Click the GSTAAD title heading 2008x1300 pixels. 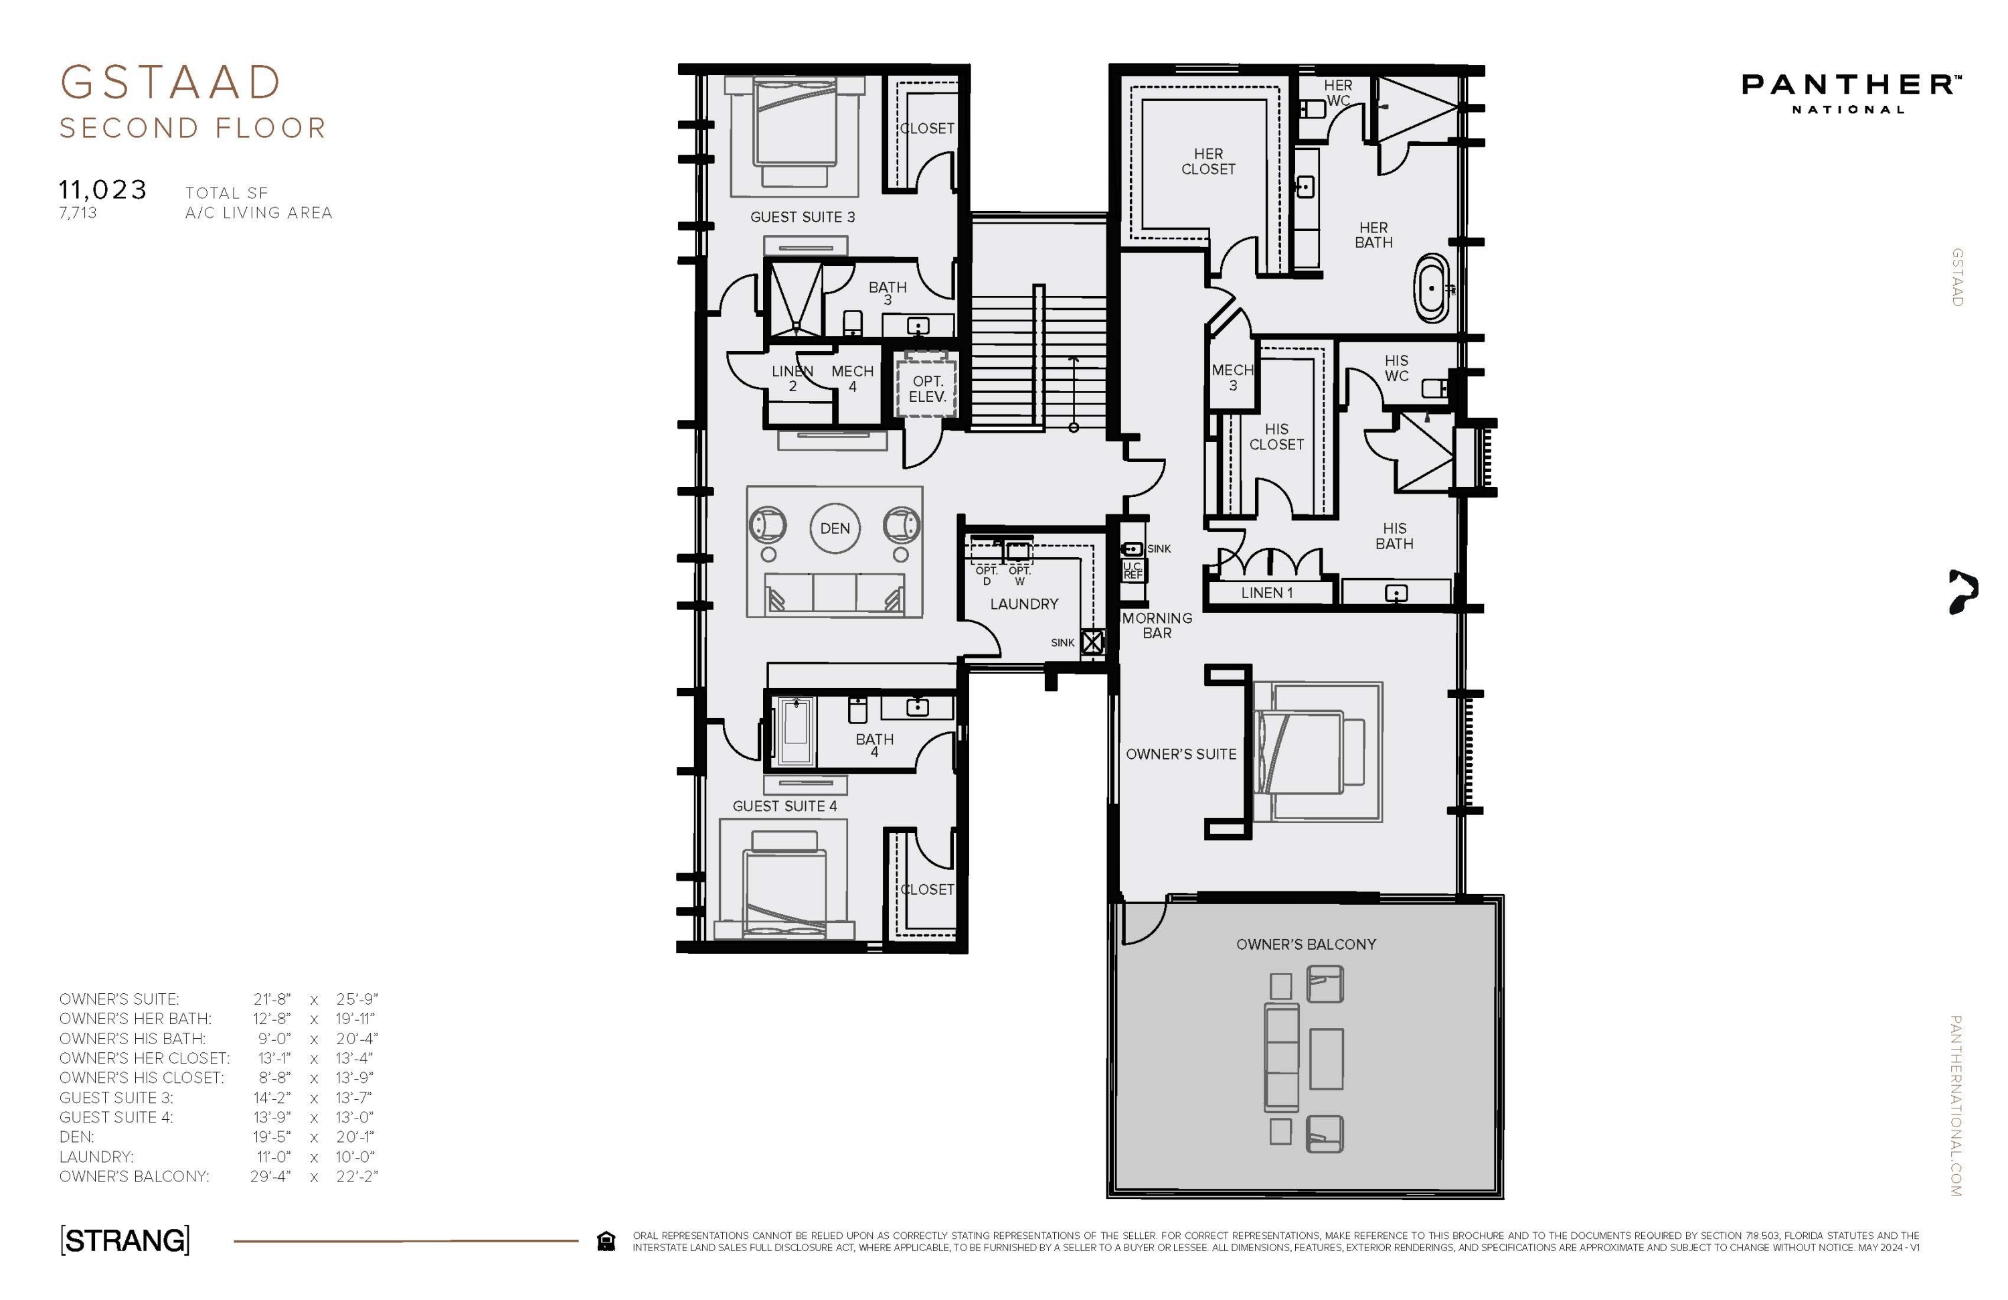pyautogui.click(x=171, y=83)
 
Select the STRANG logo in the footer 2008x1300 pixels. pyautogui.click(x=125, y=1240)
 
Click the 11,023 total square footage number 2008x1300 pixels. pyautogui.click(x=103, y=190)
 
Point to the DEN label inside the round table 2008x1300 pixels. pyautogui.click(x=835, y=528)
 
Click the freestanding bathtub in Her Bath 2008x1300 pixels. pyautogui.click(x=1432, y=289)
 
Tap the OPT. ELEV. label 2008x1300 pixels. pyautogui.click(x=927, y=389)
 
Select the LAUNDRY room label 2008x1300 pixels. pyautogui.click(x=1024, y=603)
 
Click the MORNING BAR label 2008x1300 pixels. pyautogui.click(x=1157, y=626)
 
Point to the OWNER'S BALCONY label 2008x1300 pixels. pyautogui.click(x=1306, y=944)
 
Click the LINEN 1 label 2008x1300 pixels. pyautogui.click(x=1267, y=593)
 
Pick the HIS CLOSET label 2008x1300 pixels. pyautogui.click(x=1276, y=437)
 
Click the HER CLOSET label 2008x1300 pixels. pyautogui.click(x=1208, y=161)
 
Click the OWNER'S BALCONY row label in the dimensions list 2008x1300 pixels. pyautogui.click(x=134, y=1177)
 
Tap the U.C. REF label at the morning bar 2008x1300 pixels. pyautogui.click(x=1133, y=571)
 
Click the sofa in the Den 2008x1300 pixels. pyautogui.click(x=835, y=592)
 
